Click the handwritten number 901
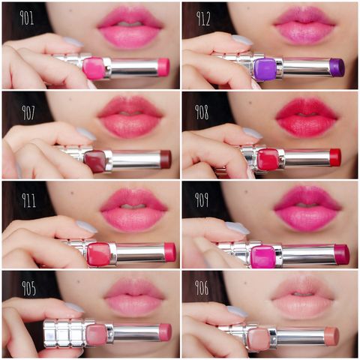point(27,17)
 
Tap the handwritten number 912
point(202,18)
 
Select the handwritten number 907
point(28,112)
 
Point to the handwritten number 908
point(202,112)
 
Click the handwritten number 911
point(28,200)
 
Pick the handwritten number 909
point(202,199)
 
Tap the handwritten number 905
point(28,288)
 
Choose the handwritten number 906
point(202,287)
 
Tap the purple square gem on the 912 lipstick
point(265,68)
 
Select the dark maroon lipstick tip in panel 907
point(166,159)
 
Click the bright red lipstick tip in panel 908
point(335,157)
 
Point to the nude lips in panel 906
point(303,298)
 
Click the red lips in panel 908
point(307,117)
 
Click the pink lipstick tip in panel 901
point(163,67)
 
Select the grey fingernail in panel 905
point(74,307)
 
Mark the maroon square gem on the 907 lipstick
point(95,161)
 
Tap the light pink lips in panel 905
point(134,297)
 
